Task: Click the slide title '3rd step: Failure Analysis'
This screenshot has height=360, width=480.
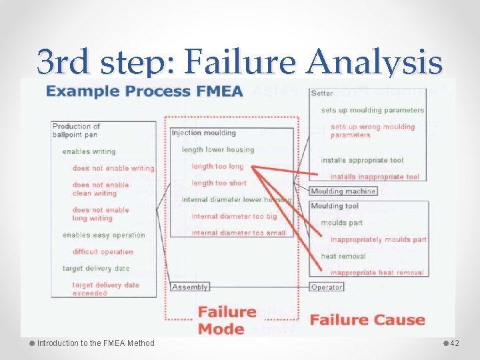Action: (x=240, y=63)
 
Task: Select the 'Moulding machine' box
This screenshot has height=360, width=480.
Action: (x=343, y=191)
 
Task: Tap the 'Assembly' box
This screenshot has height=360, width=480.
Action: (x=190, y=287)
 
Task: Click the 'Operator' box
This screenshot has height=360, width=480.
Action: (x=327, y=287)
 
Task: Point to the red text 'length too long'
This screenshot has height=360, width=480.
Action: (x=217, y=166)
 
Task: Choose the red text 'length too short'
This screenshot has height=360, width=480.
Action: (x=219, y=183)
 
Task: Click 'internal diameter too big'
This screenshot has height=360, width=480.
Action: (x=233, y=216)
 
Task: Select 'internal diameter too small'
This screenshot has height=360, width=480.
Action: (x=238, y=233)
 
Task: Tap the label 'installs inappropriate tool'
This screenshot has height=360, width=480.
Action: (x=375, y=177)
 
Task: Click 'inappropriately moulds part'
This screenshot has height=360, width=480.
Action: (x=378, y=239)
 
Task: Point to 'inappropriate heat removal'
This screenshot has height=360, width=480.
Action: (x=377, y=273)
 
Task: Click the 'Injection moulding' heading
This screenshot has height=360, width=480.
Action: (x=204, y=133)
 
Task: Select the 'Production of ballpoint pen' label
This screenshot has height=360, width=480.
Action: (x=76, y=130)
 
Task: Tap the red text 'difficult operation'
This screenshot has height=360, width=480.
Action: (x=103, y=252)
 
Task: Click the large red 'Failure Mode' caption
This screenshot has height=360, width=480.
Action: (x=227, y=320)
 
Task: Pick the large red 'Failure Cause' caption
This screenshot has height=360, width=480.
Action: (x=367, y=319)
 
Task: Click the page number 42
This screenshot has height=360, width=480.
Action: (x=455, y=343)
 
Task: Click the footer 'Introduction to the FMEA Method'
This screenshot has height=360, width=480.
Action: (x=95, y=343)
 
